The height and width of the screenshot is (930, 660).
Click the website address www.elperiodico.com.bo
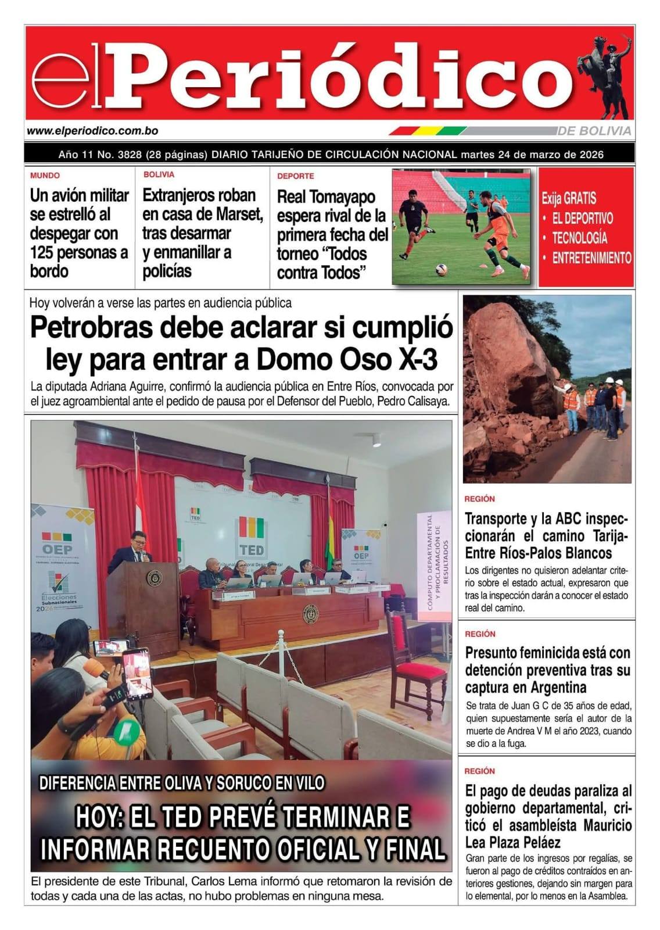(92, 131)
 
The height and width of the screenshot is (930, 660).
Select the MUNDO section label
(45, 176)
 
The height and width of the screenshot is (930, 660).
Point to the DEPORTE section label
(295, 176)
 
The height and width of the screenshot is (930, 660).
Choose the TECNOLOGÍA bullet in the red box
(579, 238)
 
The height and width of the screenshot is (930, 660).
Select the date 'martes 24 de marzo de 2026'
(532, 155)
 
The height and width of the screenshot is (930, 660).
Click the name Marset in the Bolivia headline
(239, 214)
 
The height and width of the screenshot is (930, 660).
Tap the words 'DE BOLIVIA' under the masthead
(594, 131)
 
